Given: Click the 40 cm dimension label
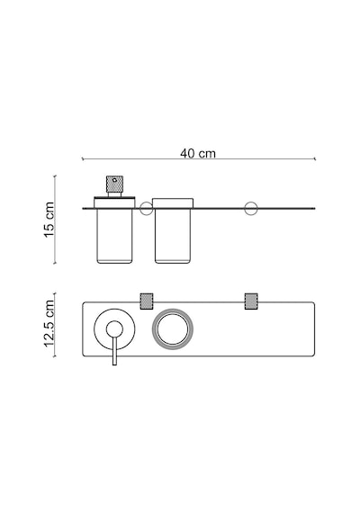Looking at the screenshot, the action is click(198, 153).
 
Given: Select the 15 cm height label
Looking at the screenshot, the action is click(49, 220).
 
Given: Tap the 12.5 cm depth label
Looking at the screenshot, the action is click(49, 323).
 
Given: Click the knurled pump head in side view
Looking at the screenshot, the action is click(114, 184).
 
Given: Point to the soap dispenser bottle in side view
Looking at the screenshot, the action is click(114, 236).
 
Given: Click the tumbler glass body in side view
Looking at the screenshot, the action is click(173, 236).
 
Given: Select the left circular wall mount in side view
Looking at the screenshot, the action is click(147, 209).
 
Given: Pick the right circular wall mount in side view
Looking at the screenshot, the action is click(251, 209).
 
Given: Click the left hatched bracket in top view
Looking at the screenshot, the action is click(147, 301).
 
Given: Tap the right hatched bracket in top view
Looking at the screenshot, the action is click(251, 301).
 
